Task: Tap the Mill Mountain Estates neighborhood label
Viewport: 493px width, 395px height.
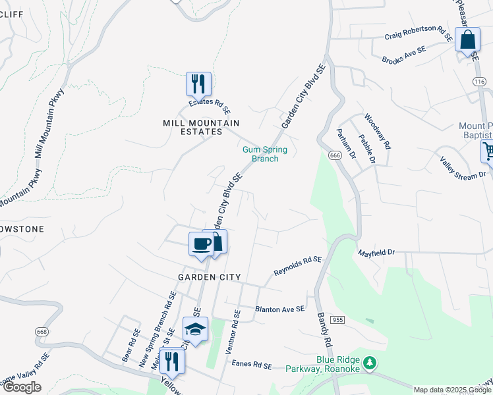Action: [201, 128]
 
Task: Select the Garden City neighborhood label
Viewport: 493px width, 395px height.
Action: [209, 277]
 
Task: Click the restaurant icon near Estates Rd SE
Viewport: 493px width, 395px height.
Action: [198, 84]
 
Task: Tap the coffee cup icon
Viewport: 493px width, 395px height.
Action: [202, 244]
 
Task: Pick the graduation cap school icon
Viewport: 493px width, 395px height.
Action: [195, 329]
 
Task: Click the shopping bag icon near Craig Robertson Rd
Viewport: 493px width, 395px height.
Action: [467, 39]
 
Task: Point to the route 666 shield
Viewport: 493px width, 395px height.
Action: [335, 155]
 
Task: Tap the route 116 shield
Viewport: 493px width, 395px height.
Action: [478, 80]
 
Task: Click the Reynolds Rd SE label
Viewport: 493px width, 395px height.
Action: [297, 266]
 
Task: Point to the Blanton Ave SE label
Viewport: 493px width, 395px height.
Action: [280, 309]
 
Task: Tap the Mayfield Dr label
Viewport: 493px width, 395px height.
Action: [376, 252]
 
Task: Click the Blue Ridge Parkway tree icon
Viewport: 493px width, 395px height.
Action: [370, 363]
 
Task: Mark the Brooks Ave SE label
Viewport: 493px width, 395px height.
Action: [404, 55]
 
